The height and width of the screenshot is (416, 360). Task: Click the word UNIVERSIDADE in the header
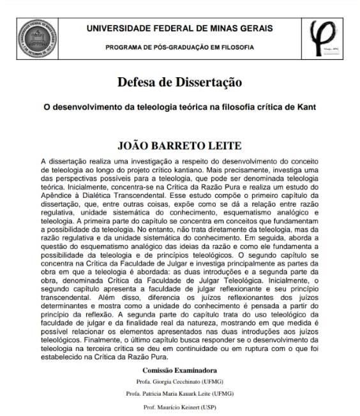click(x=121, y=28)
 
